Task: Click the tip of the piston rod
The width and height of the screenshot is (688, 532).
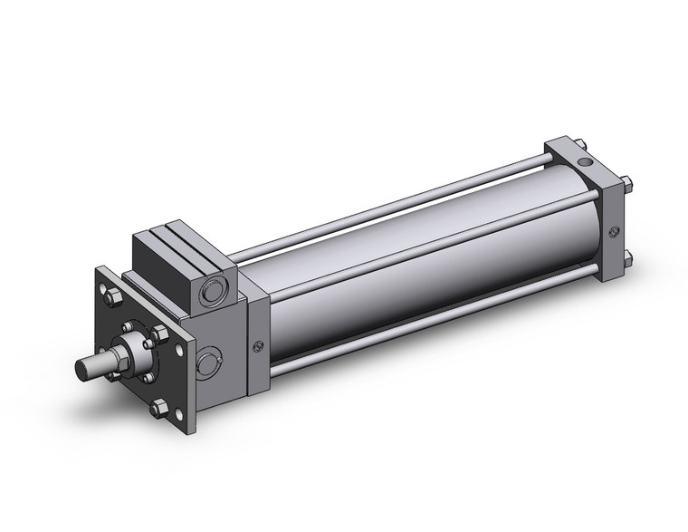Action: [x=82, y=370]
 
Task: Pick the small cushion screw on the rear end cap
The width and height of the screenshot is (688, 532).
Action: [x=616, y=230]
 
